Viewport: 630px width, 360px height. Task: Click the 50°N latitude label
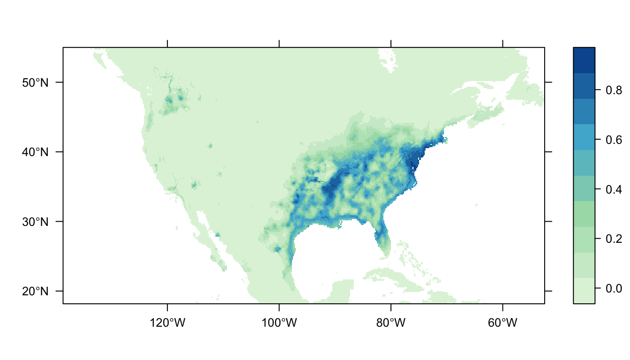(35, 82)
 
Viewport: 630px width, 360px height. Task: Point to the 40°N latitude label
(35, 152)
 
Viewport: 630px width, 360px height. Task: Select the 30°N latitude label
(35, 222)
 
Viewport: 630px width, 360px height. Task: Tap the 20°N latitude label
(35, 291)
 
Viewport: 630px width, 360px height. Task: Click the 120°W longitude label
(167, 323)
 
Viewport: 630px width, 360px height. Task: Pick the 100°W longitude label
(279, 323)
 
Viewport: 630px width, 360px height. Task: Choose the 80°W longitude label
(391, 323)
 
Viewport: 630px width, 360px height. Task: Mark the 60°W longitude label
(502, 323)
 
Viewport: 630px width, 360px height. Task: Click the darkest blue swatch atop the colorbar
(584, 60)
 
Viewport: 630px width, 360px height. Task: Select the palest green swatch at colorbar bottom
(584, 291)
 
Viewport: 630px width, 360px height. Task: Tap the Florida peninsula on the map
(382, 239)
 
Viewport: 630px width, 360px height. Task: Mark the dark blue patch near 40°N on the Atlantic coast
(413, 162)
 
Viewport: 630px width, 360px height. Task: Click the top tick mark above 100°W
(279, 44)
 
